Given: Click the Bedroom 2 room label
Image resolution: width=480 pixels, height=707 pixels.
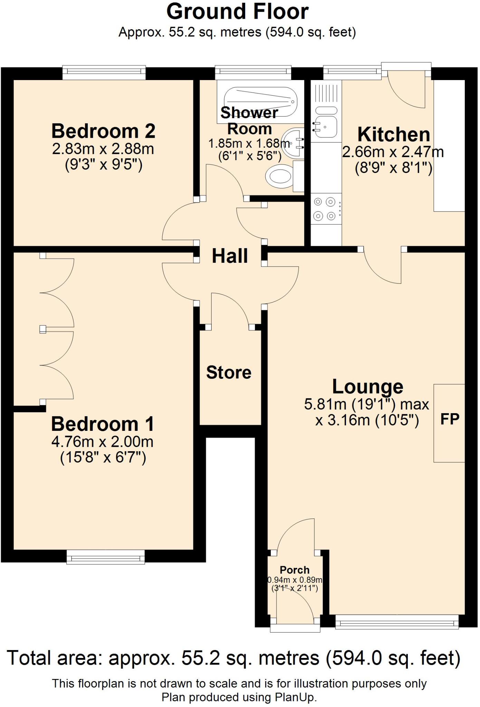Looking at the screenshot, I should (103, 131).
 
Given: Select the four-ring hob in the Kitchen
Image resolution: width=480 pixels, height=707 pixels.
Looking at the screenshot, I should (325, 209).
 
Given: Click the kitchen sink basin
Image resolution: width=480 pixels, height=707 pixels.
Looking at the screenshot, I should (325, 127).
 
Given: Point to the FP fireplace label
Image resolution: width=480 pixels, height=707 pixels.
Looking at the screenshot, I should (450, 419).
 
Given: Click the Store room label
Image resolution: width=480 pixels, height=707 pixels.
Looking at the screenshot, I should (229, 372).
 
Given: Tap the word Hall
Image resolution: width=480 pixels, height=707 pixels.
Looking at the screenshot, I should (230, 256).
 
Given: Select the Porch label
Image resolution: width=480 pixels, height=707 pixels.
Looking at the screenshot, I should (295, 570).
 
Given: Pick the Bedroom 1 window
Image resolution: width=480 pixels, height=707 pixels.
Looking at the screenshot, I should (105, 556).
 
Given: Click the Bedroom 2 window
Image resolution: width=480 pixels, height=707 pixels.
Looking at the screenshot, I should (104, 71).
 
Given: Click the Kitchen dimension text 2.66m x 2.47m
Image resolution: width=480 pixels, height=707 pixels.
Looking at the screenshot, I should (393, 152).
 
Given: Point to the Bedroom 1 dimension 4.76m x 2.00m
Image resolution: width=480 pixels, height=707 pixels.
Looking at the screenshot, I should (103, 442).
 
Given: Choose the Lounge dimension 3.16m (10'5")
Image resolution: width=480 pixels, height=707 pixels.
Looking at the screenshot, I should (367, 421).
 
